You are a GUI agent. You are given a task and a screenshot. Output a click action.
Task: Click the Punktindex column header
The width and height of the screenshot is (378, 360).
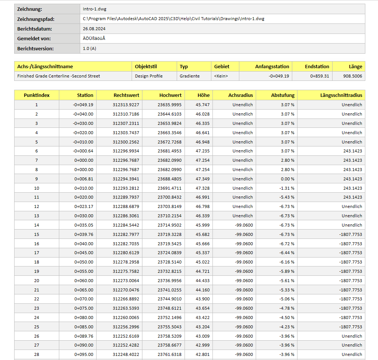tap(37, 95)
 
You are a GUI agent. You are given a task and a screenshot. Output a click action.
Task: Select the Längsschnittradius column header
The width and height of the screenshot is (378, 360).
tap(341, 95)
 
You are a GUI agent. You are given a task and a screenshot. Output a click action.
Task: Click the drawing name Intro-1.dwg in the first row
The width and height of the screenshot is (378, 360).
tap(95, 9)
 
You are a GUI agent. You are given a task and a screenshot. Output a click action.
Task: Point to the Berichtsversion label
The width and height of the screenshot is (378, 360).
tap(35, 48)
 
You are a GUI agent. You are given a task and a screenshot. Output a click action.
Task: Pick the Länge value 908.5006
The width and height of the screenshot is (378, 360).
tap(353, 76)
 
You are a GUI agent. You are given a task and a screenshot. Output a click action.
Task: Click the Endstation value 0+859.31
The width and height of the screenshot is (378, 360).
tap(319, 76)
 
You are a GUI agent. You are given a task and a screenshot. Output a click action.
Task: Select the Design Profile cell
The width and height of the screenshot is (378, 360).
tap(149, 76)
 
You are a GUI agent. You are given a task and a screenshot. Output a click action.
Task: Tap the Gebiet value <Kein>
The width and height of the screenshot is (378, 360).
tap(221, 76)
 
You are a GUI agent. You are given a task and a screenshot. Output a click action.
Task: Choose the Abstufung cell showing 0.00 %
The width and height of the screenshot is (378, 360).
tap(287, 179)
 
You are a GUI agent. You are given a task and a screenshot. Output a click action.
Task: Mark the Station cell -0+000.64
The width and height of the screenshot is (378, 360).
tap(83, 151)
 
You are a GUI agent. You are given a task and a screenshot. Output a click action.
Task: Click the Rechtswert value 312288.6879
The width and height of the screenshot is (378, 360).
tap(126, 206)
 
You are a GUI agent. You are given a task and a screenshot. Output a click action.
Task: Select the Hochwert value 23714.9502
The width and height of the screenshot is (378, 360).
tap(170, 225)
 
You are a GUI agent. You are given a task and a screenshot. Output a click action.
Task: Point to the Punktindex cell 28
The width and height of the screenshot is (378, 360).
tap(37, 354)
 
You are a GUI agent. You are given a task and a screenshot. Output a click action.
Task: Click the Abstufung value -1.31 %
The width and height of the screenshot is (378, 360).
tap(287, 188)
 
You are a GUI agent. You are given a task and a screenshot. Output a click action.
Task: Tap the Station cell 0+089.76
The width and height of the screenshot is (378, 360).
tap(84, 336)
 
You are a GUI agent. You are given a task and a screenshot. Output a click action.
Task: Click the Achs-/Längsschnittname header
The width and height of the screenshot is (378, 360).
tap(45, 66)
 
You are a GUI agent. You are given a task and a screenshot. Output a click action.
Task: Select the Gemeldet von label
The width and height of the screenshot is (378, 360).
tap(34, 38)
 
